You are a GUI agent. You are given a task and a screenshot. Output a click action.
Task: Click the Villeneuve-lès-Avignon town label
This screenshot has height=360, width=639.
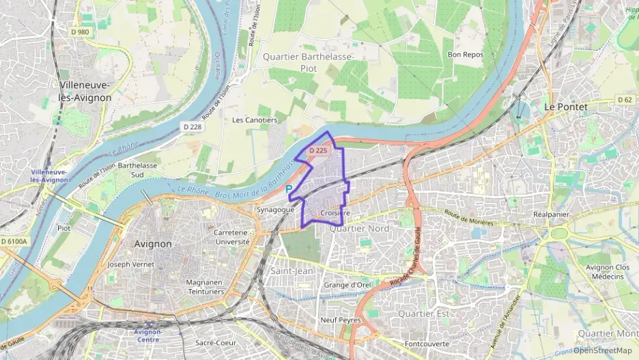86,92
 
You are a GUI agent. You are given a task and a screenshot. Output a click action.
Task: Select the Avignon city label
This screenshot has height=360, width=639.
154,243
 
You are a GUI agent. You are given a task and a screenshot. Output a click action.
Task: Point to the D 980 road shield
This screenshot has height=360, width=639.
79,31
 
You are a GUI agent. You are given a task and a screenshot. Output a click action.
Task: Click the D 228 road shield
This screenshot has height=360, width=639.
193,127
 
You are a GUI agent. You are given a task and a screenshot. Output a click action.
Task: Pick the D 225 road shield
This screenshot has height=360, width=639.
319,150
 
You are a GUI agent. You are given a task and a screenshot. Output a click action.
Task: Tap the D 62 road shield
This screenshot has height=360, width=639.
624,100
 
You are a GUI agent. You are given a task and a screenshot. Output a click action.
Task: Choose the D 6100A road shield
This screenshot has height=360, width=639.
14,241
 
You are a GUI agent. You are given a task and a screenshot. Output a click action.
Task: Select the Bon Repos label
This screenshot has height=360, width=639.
465,54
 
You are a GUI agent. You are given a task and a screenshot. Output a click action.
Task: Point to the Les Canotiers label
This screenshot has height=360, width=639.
255,120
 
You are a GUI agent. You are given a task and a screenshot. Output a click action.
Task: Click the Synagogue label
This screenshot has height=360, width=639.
275,210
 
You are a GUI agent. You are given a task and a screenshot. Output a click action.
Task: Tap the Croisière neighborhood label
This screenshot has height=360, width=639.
335,213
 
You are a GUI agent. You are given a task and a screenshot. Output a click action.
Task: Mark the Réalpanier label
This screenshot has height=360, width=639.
551,214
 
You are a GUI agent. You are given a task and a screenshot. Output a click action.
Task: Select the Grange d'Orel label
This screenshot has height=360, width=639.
347,285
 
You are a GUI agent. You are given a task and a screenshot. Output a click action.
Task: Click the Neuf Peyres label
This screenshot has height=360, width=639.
339,319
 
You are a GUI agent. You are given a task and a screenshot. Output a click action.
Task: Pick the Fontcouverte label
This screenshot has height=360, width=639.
427,344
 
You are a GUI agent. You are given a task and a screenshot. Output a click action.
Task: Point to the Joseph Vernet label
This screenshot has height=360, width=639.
128,264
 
